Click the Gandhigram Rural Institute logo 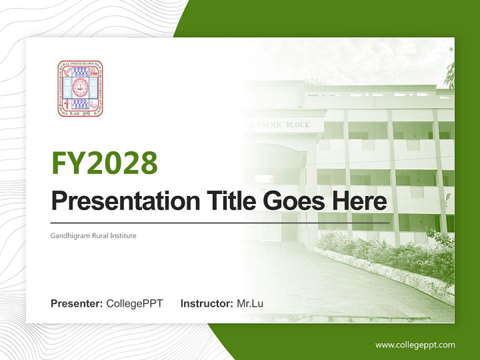click(80, 88)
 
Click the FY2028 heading click(104, 162)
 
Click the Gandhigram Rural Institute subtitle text click(93, 235)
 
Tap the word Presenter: click(77, 303)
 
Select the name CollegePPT click(134, 303)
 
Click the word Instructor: click(206, 303)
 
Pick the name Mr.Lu click(250, 303)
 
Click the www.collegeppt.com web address click(415, 344)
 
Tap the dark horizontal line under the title click(220, 222)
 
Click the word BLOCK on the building click(298, 125)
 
